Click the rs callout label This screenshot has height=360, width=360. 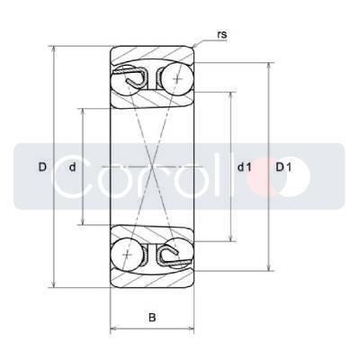coord(222,35)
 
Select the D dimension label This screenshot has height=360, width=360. coord(42,166)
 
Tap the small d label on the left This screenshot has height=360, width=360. coord(72,166)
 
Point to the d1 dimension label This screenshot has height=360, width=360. coord(244,166)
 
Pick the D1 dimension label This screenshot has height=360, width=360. coord(283,166)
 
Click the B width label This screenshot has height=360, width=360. coord(152,317)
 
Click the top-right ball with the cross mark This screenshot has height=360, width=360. coord(177,79)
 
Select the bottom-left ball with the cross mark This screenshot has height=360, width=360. coord(128,255)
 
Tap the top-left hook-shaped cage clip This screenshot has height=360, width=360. coord(131,76)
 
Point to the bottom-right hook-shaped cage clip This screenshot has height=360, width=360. coord(174,257)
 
